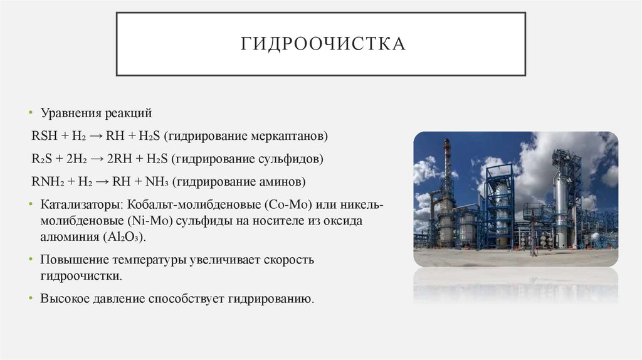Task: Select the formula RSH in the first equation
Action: coord(42,136)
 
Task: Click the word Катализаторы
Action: coord(80,205)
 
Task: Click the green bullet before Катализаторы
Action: coord(30,205)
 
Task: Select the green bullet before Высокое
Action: coord(30,298)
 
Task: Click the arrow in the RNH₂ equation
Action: coord(104,182)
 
